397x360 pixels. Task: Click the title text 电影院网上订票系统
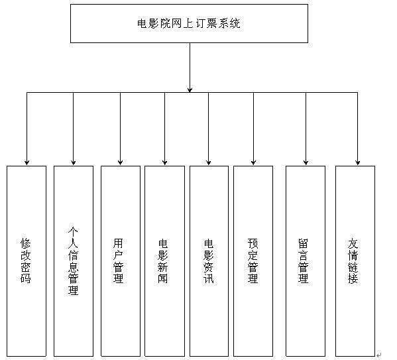(x=189, y=23)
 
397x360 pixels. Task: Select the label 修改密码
(x=26, y=261)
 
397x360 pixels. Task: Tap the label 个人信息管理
(x=73, y=261)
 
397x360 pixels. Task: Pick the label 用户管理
(x=118, y=261)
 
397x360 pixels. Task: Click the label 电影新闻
(x=163, y=261)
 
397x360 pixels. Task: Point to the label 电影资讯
(x=209, y=261)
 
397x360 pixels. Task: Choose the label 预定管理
(x=253, y=261)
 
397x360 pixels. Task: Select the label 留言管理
(x=303, y=261)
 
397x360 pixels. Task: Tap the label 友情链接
(x=353, y=261)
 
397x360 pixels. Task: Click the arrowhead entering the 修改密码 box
(x=27, y=162)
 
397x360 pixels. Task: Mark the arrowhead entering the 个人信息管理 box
(x=74, y=162)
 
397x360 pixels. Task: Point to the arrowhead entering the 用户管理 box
(x=120, y=162)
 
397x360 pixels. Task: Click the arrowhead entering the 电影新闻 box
(x=165, y=162)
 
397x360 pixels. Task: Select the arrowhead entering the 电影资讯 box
(x=209, y=162)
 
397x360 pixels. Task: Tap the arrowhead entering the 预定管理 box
(x=253, y=162)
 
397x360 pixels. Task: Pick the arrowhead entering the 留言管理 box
(x=306, y=162)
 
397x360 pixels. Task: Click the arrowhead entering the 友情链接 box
(x=357, y=162)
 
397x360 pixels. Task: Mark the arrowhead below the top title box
(x=190, y=90)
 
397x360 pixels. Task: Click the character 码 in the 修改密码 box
(x=26, y=278)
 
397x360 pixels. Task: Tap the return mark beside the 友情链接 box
(x=378, y=355)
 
